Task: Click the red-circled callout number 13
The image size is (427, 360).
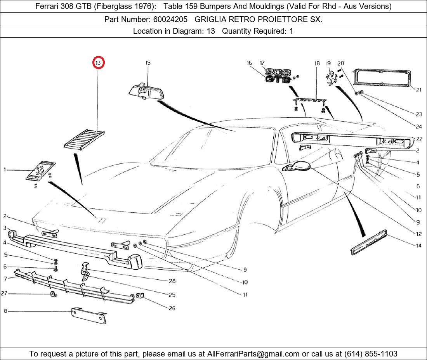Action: (99, 62)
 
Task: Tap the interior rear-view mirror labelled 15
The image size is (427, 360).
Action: (145, 91)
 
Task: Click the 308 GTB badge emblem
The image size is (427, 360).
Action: (278, 76)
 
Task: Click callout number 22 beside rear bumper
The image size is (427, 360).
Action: (419, 139)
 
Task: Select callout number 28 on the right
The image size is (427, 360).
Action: (172, 281)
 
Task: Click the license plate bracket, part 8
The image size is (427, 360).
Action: (89, 315)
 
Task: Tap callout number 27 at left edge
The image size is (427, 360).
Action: (4, 294)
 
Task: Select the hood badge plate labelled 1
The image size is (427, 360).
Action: (40, 171)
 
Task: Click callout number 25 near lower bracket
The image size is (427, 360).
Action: (172, 295)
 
